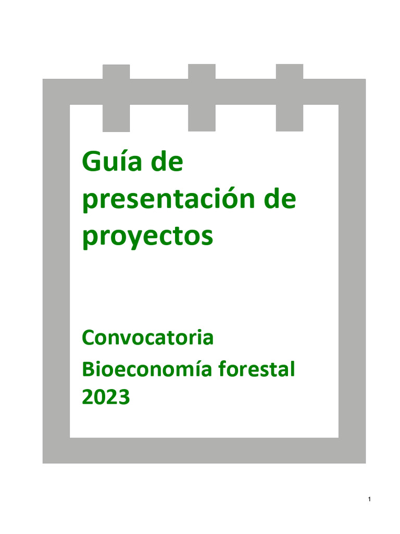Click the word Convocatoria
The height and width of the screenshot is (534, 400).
tap(148, 338)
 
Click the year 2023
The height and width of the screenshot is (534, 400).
tap(106, 398)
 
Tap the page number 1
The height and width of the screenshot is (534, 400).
tap(369, 500)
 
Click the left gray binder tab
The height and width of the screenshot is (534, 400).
tap(116, 98)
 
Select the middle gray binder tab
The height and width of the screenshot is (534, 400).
tap(202, 98)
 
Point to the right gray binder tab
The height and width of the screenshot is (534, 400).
tap(289, 98)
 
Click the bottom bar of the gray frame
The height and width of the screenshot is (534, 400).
tap(204, 450)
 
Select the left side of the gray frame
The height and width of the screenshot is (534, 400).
tap(56, 271)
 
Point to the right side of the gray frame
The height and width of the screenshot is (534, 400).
tap(352, 271)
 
